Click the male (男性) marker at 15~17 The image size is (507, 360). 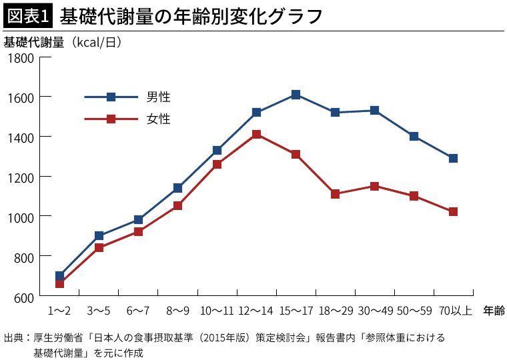pyautogui.click(x=296, y=95)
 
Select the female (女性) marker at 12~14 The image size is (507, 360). pyautogui.click(x=256, y=134)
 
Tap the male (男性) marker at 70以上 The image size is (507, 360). pyautogui.click(x=453, y=158)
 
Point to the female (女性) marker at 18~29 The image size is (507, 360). pyautogui.click(x=335, y=194)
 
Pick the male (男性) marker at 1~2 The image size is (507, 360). pyautogui.click(x=59, y=275)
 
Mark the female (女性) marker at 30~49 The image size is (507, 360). pyautogui.click(x=374, y=186)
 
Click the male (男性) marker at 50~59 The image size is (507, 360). pyautogui.click(x=414, y=136)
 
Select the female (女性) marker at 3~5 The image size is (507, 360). pyautogui.click(x=99, y=247)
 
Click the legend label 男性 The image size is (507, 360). pyautogui.click(x=159, y=97)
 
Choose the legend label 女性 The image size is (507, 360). pyautogui.click(x=159, y=119)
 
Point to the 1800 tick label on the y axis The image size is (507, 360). pyautogui.click(x=21, y=57)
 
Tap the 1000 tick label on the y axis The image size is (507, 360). pyautogui.click(x=21, y=216)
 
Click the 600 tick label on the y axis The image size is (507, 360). pyautogui.click(x=24, y=296)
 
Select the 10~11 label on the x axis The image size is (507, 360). pyautogui.click(x=217, y=311)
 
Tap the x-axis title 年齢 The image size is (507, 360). pyautogui.click(x=494, y=311)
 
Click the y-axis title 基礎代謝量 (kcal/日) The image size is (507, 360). pyautogui.click(x=63, y=42)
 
